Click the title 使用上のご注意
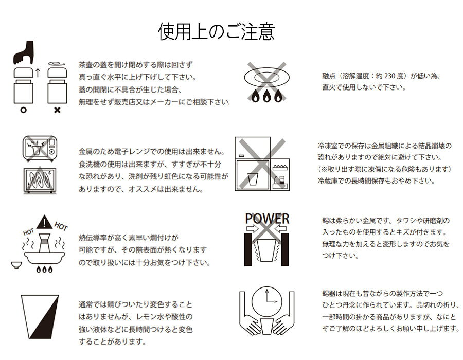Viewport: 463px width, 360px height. pyautogui.click(x=217, y=31)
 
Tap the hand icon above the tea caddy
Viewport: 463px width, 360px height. pyautogui.click(x=24, y=53)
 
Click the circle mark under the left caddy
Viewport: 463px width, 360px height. pyautogui.click(x=23, y=110)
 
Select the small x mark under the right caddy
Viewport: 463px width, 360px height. pyautogui.click(x=57, y=110)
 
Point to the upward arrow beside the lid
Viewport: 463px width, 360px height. pyautogui.click(x=38, y=73)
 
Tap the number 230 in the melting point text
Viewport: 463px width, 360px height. pyautogui.click(x=390, y=76)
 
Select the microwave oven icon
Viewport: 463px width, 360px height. pyautogui.click(x=40, y=148)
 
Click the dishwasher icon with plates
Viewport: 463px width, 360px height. pyautogui.click(x=40, y=181)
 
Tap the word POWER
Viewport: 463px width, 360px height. pyautogui.click(x=267, y=219)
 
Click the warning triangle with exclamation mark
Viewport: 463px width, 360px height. pyautogui.click(x=45, y=222)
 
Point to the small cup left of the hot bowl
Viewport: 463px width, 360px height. pyautogui.click(x=16, y=265)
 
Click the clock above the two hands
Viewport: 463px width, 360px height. pyautogui.click(x=267, y=301)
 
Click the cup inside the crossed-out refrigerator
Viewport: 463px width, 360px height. pyautogui.click(x=253, y=179)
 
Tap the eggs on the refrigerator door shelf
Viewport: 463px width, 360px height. pyautogui.click(x=279, y=167)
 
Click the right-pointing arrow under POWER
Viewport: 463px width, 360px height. pyautogui.click(x=253, y=228)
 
